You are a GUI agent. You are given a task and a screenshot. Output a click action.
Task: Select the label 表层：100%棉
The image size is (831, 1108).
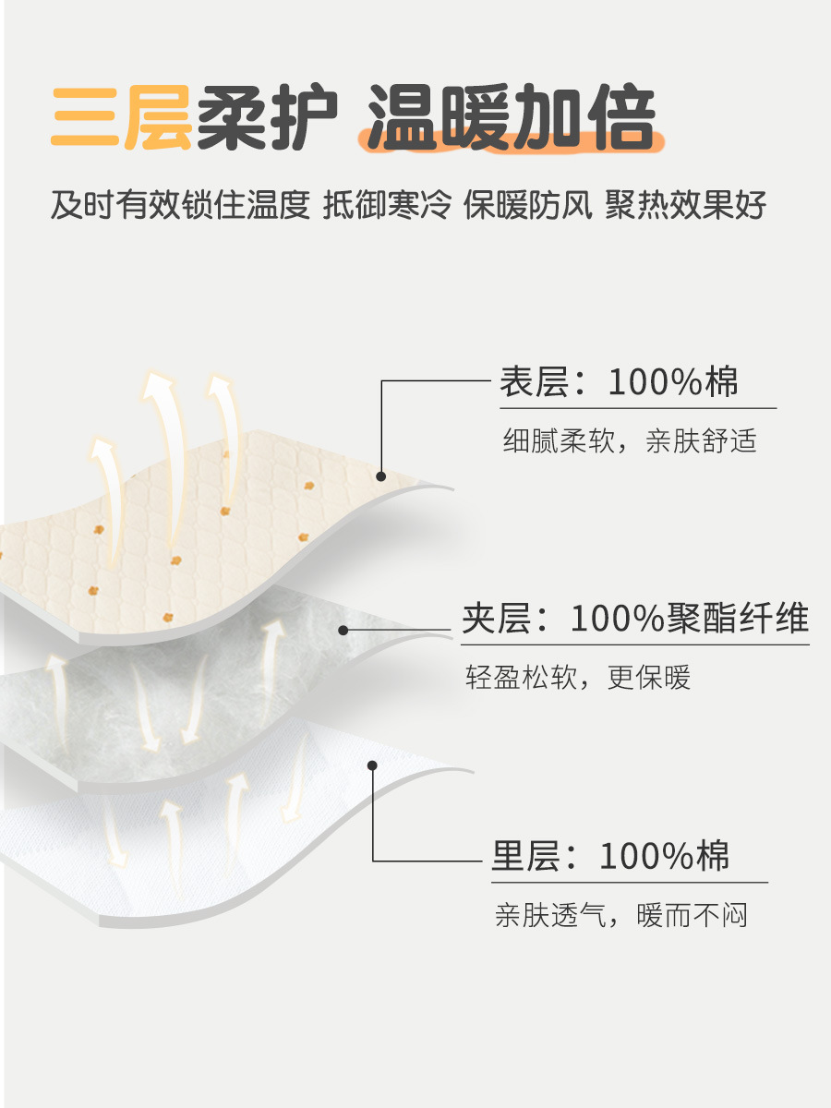click(620, 381)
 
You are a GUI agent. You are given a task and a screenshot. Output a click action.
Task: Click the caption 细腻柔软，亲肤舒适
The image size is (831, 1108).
click(630, 440)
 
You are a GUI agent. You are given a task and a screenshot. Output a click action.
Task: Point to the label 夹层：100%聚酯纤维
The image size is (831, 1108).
click(635, 618)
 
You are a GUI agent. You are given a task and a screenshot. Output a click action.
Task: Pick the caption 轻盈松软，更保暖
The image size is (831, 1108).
click(578, 678)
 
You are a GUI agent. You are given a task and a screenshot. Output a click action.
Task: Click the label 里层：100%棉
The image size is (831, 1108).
click(610, 856)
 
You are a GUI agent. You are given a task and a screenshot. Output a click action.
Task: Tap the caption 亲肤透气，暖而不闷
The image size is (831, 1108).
click(620, 916)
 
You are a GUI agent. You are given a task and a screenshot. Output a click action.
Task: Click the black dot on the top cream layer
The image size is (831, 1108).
click(380, 476)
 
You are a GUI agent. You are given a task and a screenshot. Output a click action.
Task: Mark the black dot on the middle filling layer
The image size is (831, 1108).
click(343, 631)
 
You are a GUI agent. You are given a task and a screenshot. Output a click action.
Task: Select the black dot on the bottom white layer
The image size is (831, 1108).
click(372, 765)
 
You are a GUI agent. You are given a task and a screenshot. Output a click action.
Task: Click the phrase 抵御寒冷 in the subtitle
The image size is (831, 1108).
click(387, 206)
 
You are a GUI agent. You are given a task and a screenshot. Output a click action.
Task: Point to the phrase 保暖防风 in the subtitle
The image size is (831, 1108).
click(527, 206)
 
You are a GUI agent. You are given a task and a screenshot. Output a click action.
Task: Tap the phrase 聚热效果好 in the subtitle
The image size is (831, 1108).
click(686, 206)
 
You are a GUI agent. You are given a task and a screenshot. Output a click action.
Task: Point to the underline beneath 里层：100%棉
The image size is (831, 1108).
click(628, 882)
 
